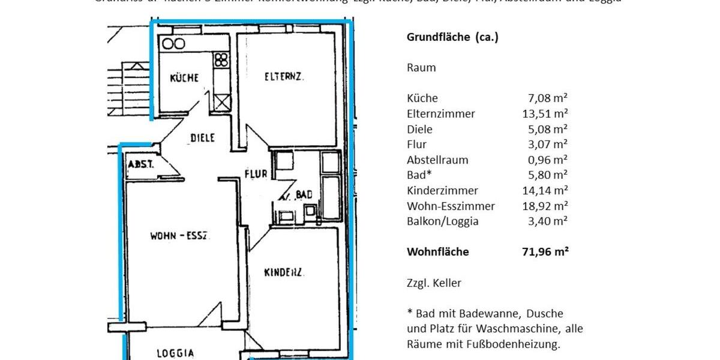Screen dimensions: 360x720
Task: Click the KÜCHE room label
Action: pos(184,78)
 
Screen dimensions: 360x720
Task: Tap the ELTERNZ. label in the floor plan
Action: pos(284,76)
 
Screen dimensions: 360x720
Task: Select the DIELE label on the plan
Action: pos(202,138)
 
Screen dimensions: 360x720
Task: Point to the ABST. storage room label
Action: pos(140,164)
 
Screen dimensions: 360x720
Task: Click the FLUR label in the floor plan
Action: pos(256,175)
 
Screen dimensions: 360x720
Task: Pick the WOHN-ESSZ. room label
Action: pos(179,236)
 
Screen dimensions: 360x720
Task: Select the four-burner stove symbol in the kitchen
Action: pos(221,59)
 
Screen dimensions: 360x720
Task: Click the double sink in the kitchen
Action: pos(173,44)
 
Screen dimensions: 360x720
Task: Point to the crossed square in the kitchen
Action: pos(221,101)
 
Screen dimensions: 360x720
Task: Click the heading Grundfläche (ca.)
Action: pos(452,37)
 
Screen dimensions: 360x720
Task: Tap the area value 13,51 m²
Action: pos(545,114)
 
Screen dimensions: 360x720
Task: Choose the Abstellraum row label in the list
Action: pos(437,160)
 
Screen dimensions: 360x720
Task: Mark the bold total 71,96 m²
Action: pos(545,252)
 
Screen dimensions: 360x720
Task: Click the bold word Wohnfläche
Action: pos(438,252)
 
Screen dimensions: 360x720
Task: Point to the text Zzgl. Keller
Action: pos(434,283)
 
